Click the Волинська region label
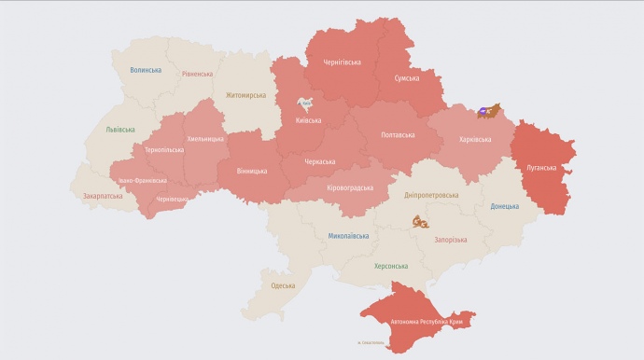click(146, 70)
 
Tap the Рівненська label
click(197, 74)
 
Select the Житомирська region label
click(245, 95)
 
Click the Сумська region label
click(406, 78)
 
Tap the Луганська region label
click(541, 168)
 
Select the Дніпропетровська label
click(431, 195)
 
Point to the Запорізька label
click(451, 240)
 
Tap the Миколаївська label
click(348, 236)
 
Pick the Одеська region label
click(283, 285)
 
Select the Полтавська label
click(399, 134)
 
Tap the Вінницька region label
click(251, 171)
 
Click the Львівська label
click(120, 130)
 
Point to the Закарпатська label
click(103, 197)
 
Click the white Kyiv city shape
click(305, 105)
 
